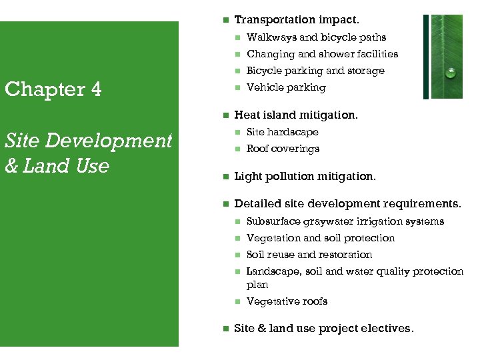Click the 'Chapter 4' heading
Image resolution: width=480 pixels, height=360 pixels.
tap(53, 89)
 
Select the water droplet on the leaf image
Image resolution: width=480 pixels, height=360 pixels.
tap(451, 73)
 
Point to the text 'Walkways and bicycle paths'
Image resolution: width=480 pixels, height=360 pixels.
tap(316, 37)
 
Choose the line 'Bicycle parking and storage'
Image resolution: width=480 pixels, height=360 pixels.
tap(315, 71)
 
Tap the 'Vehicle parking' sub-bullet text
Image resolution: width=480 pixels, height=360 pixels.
tap(286, 87)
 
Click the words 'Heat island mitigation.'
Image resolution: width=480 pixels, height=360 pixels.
tap(296, 115)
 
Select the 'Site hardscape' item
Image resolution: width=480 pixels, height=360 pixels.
tap(283, 132)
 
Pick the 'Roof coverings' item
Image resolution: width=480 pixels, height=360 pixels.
tap(283, 149)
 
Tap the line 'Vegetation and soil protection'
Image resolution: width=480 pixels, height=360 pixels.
tap(321, 238)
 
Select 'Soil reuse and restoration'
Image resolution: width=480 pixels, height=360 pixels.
tap(309, 255)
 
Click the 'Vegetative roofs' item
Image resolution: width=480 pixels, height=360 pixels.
tap(287, 301)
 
